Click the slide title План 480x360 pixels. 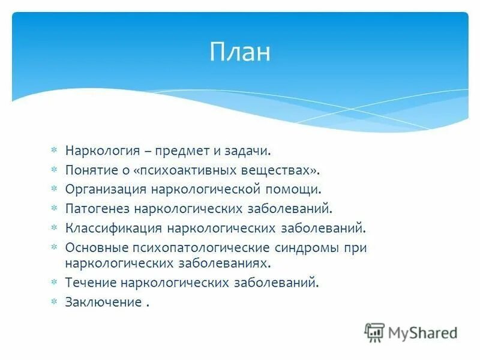click(240, 52)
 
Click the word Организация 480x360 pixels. click(106, 189)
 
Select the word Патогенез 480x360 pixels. click(97, 209)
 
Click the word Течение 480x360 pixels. click(91, 283)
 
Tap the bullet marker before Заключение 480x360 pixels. click(53, 302)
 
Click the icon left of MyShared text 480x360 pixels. click(374, 332)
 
